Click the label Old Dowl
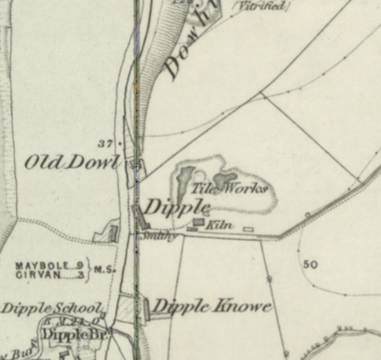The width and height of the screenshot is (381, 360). pyautogui.click(x=72, y=162)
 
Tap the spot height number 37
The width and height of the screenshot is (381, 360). pyautogui.click(x=104, y=144)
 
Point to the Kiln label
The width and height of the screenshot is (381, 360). pyautogui.click(x=218, y=225)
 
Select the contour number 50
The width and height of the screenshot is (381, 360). pyautogui.click(x=310, y=264)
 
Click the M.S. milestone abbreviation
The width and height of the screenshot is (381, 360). pyautogui.click(x=103, y=270)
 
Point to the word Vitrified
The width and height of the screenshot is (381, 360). pyautogui.click(x=262, y=6)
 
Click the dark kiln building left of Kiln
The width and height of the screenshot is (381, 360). pyautogui.click(x=198, y=222)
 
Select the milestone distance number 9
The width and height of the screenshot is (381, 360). pyautogui.click(x=79, y=266)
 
